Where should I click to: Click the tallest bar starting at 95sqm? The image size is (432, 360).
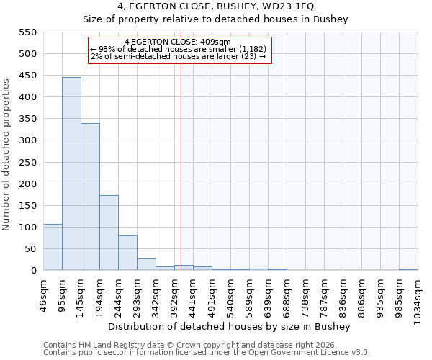pyautogui.click(x=71, y=174)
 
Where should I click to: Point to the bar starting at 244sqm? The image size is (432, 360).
pyautogui.click(x=127, y=253)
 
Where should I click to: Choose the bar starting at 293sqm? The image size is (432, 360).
pyautogui.click(x=146, y=264)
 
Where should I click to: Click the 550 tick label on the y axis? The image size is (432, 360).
pyautogui.click(x=27, y=32)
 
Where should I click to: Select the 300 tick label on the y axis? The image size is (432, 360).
pyautogui.click(x=27, y=140)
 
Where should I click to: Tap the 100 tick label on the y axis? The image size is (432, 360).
pyautogui.click(x=27, y=228)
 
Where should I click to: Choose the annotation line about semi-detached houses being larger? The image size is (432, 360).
pyautogui.click(x=179, y=56)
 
